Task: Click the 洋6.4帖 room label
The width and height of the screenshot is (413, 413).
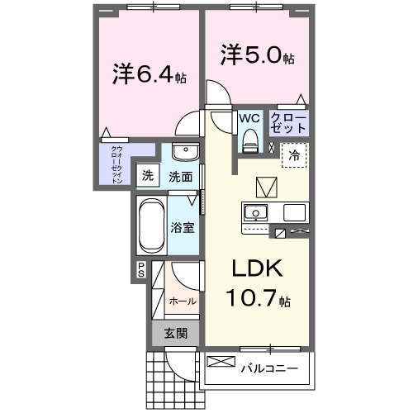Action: (150, 76)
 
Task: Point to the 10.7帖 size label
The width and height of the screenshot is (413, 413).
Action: (258, 297)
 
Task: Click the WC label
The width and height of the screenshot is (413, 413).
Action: (249, 117)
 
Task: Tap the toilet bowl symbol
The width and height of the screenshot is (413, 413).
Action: (249, 143)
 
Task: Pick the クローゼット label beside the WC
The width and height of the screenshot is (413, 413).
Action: (288, 123)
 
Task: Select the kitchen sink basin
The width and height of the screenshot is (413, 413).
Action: (257, 212)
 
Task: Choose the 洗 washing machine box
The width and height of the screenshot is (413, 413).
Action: (148, 175)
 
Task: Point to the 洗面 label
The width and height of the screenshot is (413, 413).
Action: (181, 176)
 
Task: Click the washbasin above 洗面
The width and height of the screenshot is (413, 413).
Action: (186, 154)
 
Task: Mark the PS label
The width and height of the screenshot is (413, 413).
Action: (141, 268)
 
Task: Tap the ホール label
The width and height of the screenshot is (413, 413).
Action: (183, 301)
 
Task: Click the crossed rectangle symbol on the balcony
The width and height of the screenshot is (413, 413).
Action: (221, 362)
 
